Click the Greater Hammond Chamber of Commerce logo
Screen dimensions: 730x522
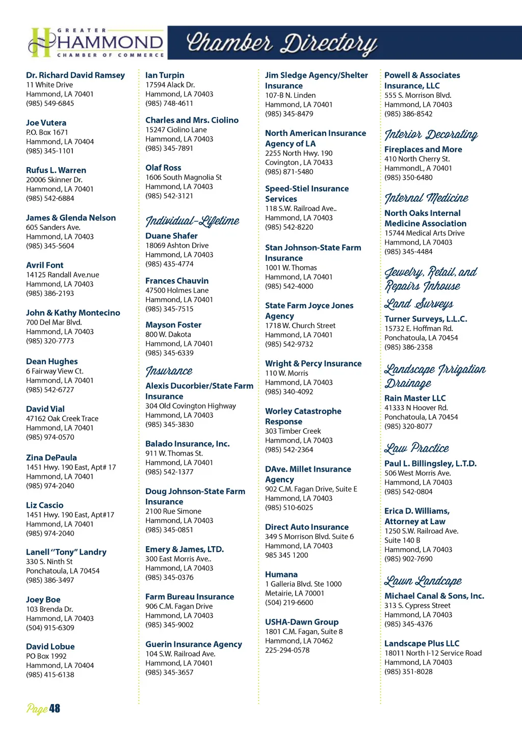click(x=96, y=43)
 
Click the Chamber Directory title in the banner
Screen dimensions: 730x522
click(x=282, y=44)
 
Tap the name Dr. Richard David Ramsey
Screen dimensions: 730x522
click(x=75, y=75)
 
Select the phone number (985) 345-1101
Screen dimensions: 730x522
click(x=50, y=151)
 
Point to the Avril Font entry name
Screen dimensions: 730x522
click(x=45, y=265)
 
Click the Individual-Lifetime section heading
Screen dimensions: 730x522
click(x=192, y=221)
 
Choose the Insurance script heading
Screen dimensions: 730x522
click(x=169, y=371)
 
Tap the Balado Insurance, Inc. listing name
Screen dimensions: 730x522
click(x=187, y=444)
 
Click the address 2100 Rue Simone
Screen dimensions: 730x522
click(x=173, y=511)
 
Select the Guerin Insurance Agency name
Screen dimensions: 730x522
click(x=194, y=644)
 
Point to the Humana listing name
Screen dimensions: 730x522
click(x=281, y=575)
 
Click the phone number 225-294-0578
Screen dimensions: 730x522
click(x=287, y=650)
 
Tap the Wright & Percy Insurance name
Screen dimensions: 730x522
click(x=313, y=364)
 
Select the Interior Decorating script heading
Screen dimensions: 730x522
click(x=431, y=134)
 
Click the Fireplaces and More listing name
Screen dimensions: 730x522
click(x=423, y=149)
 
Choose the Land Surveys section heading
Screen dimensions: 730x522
click(x=419, y=304)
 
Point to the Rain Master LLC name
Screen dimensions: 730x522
click(x=415, y=398)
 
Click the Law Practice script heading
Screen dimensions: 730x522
click(x=416, y=448)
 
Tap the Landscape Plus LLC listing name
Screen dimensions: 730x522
click(x=422, y=644)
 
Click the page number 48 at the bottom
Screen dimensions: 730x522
click(x=54, y=709)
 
